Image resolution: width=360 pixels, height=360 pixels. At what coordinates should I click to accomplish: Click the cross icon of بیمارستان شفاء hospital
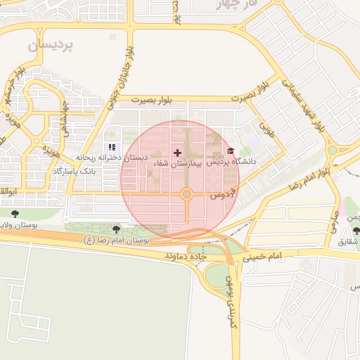point(176,153)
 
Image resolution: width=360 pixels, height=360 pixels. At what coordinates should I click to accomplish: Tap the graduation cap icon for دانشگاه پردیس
point(231,151)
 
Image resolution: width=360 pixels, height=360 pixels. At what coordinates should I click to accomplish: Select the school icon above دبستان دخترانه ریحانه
point(112,148)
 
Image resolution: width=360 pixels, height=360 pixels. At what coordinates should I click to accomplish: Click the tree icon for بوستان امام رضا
point(116,229)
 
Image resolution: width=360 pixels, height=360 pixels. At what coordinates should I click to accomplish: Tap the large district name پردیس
point(51,45)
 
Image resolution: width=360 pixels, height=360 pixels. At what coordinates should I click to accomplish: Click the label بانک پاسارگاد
point(89,172)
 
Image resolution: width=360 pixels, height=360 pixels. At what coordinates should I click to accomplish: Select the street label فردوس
point(222,193)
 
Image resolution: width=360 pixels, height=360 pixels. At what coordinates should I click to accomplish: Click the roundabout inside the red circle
point(186,194)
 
